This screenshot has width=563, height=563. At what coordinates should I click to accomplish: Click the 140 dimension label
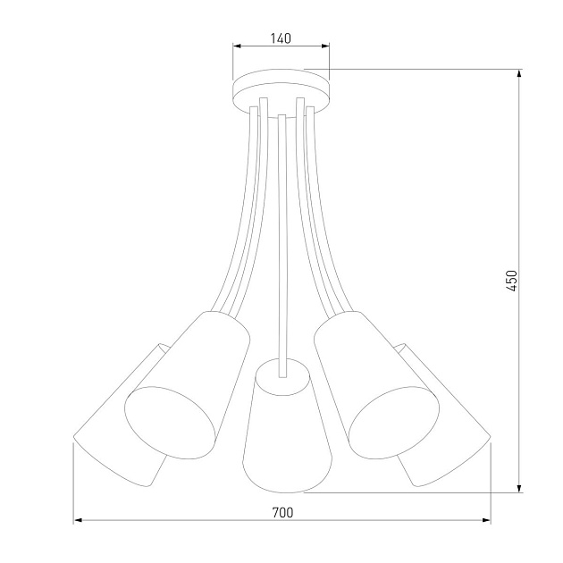[x=281, y=38]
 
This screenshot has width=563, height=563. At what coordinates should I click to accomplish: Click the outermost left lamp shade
[x=112, y=420]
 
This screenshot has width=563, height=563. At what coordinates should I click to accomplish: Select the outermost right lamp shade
[x=451, y=420]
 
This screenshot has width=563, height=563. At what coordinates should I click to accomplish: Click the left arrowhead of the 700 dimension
[x=78, y=520]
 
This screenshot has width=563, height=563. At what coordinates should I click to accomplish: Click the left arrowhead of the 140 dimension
[x=237, y=46]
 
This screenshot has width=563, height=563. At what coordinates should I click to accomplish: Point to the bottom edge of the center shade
[x=281, y=491]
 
